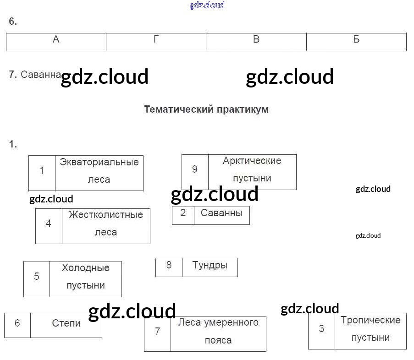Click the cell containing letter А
coord(56,40)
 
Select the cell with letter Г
coord(156,40)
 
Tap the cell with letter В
coord(256,40)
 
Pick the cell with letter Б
coord(356,40)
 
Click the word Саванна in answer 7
coord(41,75)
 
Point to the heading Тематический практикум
coord(206,109)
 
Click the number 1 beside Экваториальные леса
coord(42,171)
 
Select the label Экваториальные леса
coord(99,170)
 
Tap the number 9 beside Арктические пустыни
coord(195,169)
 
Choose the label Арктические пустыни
coord(252,169)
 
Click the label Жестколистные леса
coord(105,224)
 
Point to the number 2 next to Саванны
coord(183,213)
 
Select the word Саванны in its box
coord(221,213)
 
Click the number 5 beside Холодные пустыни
coord(37,277)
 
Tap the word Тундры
coord(210,265)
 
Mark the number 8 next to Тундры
coord(169,265)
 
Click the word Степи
coord(66,323)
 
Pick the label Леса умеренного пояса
coord(218,331)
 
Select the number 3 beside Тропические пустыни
coord(321,329)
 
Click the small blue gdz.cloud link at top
coord(207,5)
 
